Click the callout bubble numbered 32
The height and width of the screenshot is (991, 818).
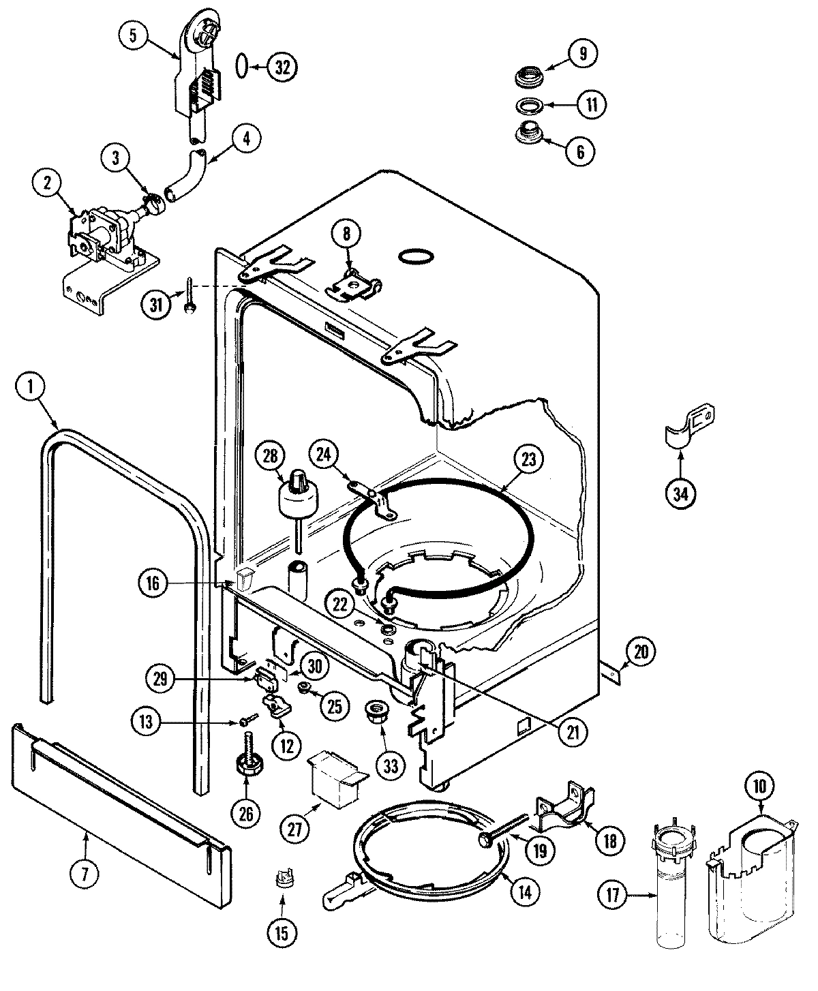click(x=282, y=67)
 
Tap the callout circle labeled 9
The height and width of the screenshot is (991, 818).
click(x=582, y=54)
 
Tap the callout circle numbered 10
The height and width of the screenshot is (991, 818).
click(x=759, y=786)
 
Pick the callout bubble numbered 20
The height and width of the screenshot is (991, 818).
click(x=639, y=652)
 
